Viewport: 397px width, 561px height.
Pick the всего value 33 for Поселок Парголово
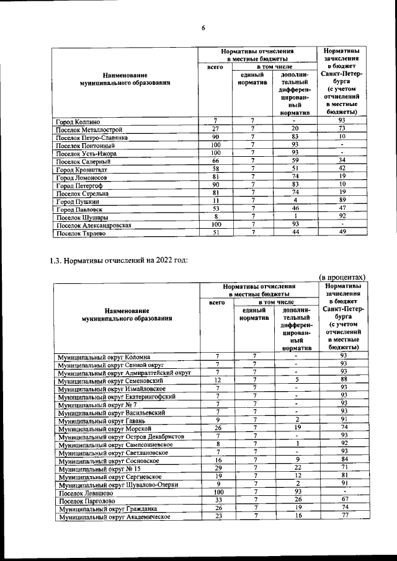click(x=218, y=500)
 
